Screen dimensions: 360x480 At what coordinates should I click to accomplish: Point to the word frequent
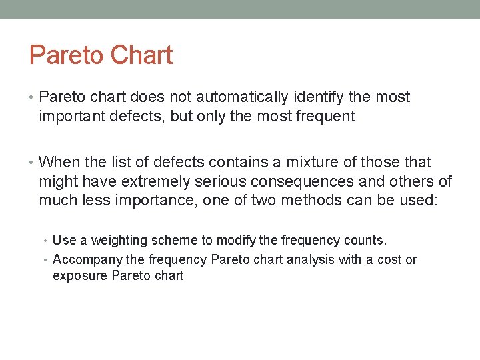(x=325, y=117)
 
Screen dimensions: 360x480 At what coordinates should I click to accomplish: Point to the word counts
(x=365, y=240)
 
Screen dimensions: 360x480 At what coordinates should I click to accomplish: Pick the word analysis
(x=311, y=259)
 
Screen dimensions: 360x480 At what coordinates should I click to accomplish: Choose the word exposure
(x=80, y=275)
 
